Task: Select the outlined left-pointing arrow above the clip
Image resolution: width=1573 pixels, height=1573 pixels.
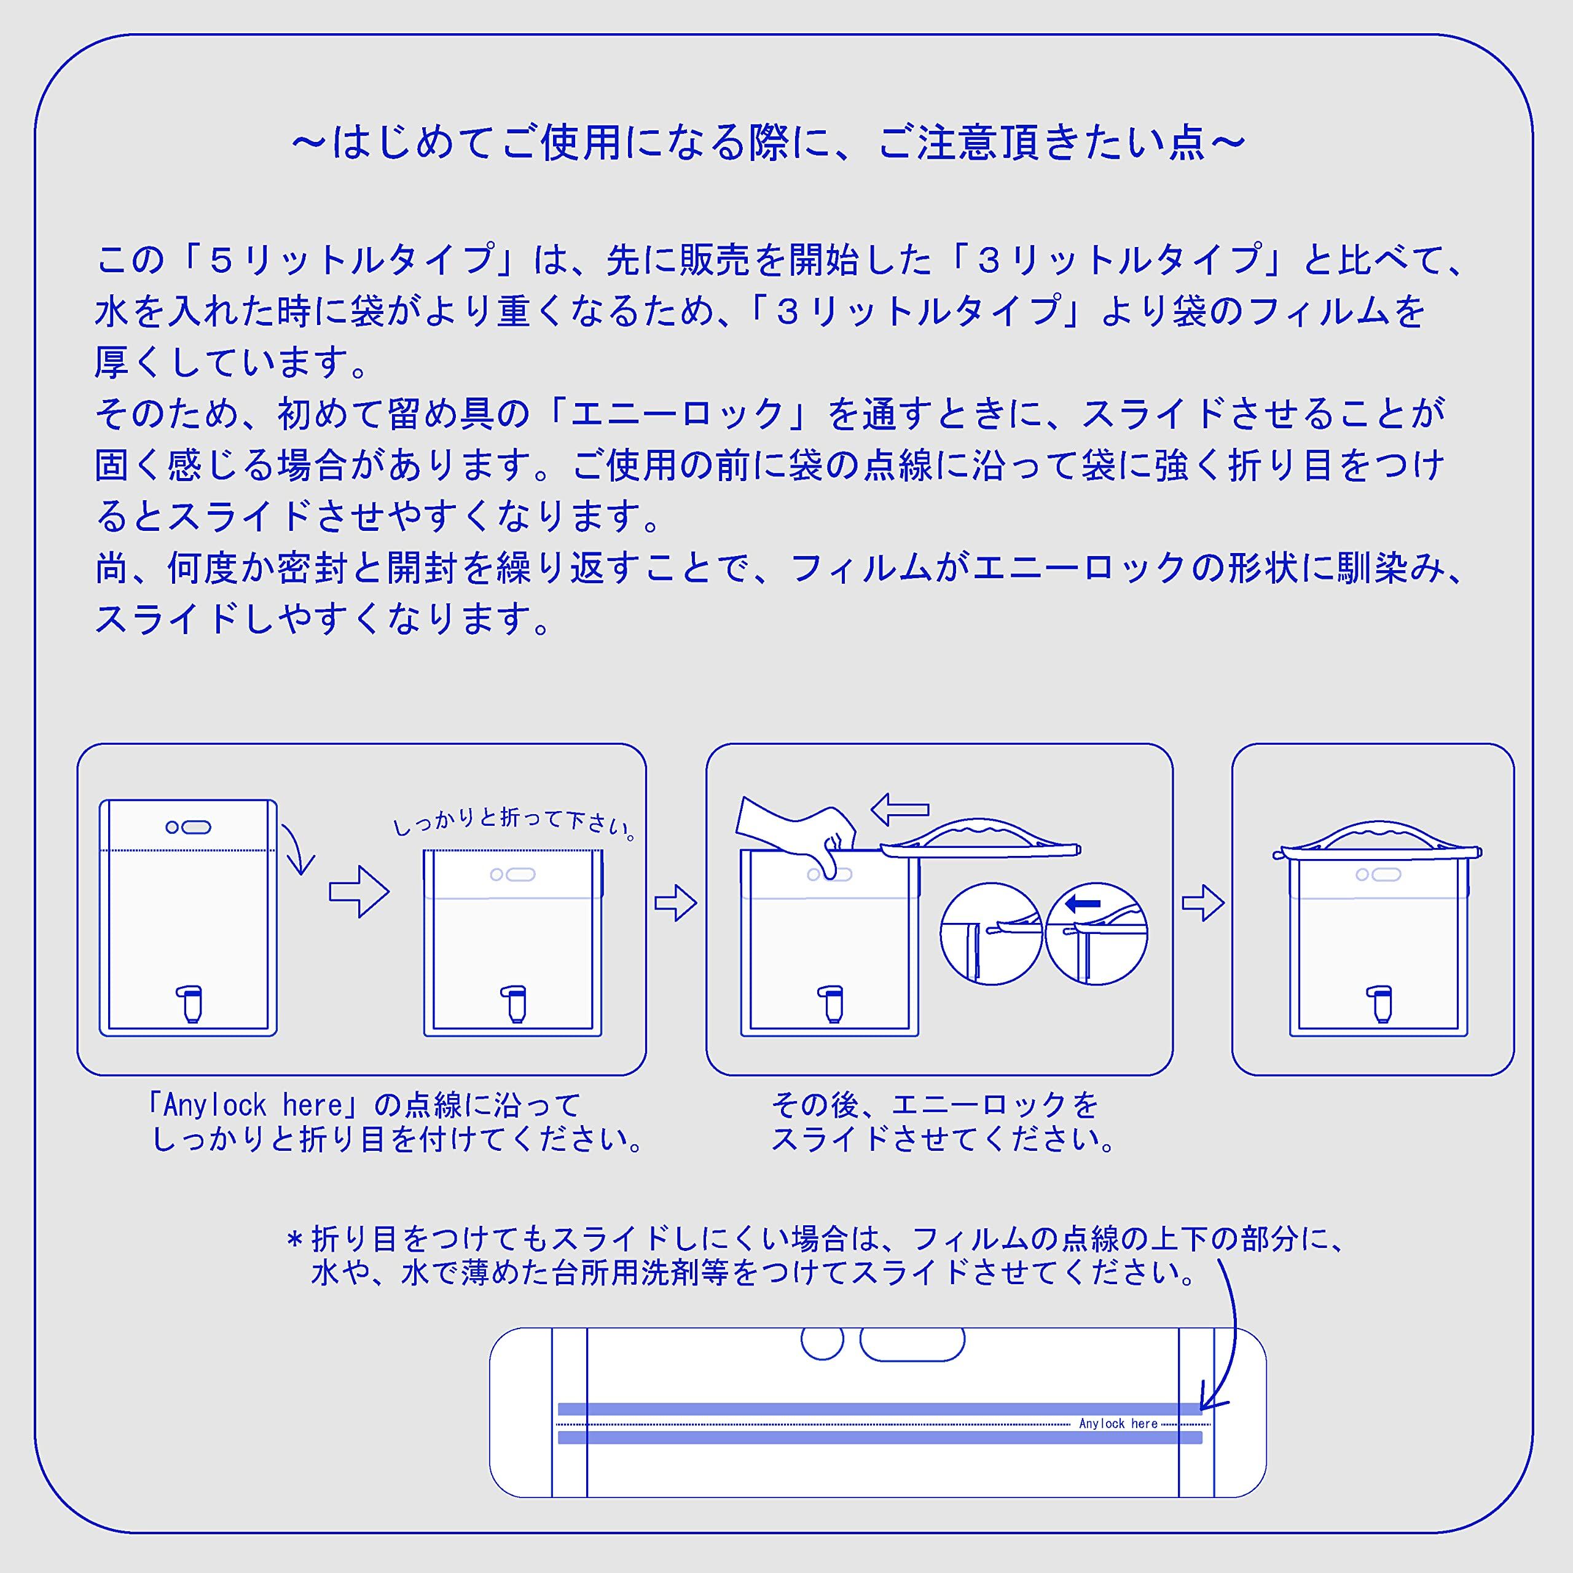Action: click(899, 809)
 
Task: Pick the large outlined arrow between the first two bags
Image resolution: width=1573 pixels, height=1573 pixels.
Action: click(359, 892)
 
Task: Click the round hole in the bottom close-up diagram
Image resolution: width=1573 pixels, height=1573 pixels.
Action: click(822, 1342)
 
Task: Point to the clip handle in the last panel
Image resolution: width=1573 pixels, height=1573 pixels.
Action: click(1378, 839)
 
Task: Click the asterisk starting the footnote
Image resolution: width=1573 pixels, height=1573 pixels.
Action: click(295, 1241)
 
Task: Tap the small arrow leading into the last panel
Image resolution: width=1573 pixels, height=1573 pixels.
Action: click(1202, 903)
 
